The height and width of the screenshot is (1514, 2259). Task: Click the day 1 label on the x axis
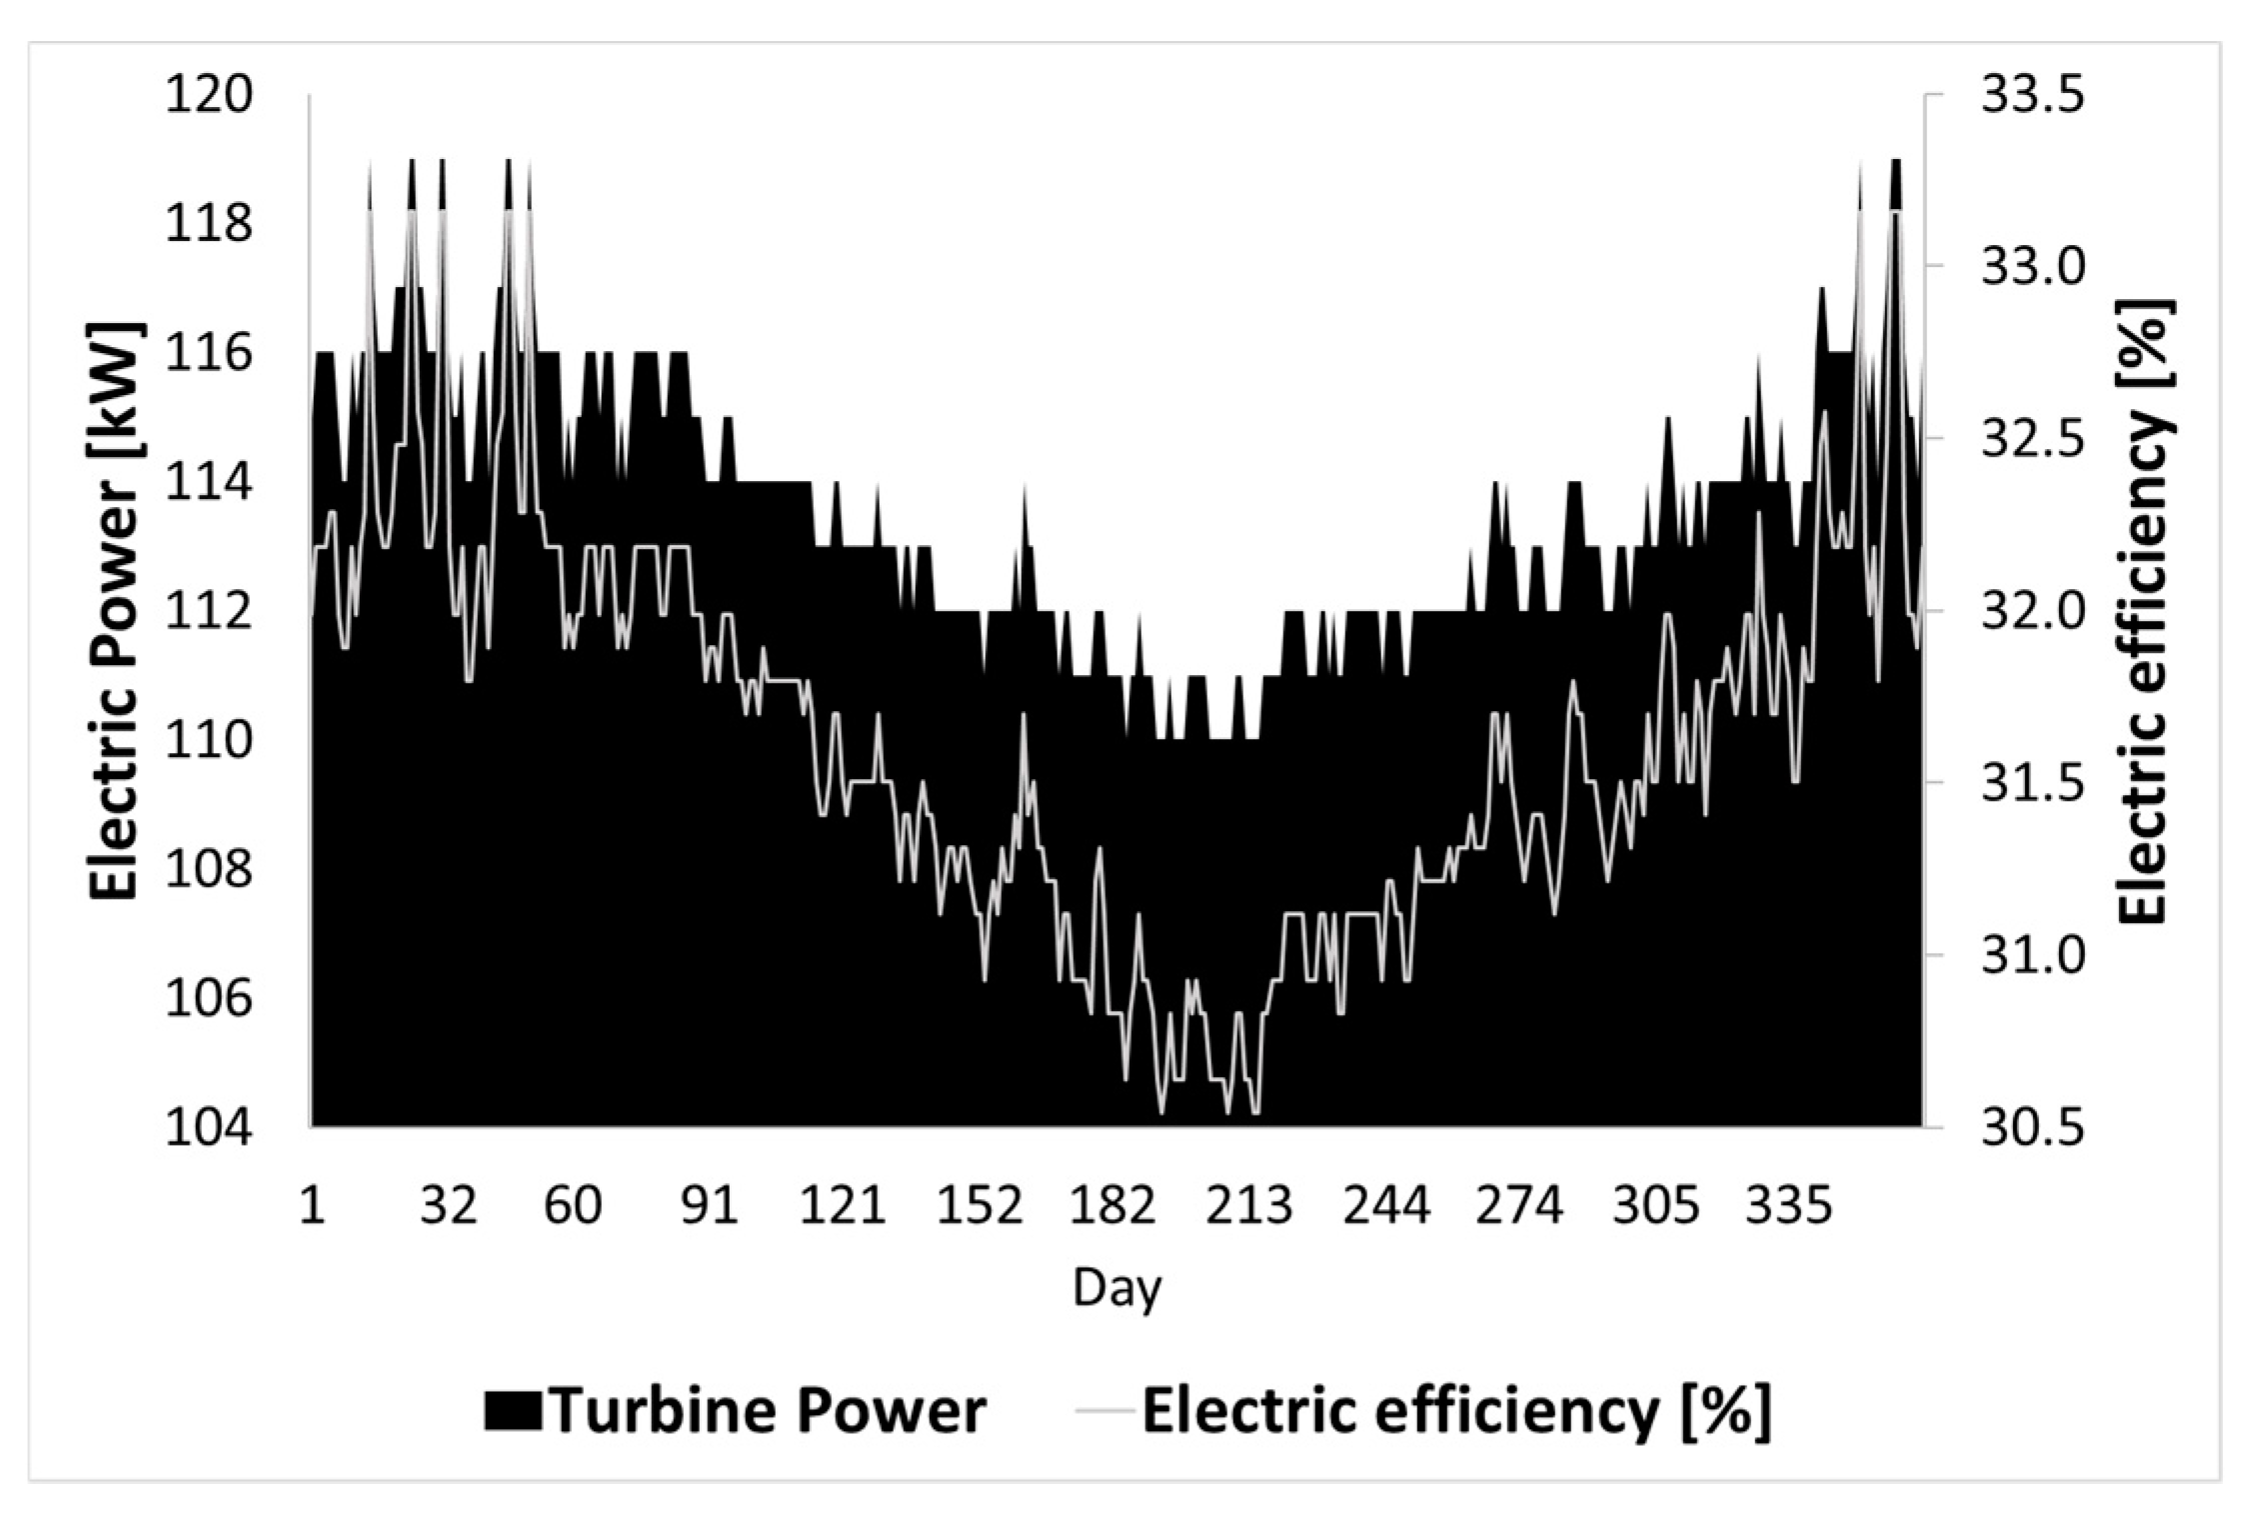[312, 1206]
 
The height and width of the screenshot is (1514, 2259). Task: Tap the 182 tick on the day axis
[1113, 1206]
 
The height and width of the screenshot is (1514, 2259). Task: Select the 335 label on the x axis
[1788, 1206]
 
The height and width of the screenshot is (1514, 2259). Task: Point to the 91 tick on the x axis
[709, 1206]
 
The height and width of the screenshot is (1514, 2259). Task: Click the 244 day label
[1385, 1206]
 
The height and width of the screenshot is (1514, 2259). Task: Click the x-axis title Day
[1117, 1289]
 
